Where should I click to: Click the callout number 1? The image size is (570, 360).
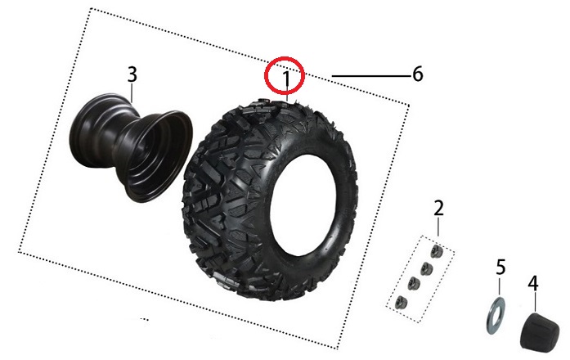pos(287,79)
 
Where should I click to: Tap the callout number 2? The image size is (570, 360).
pos(439,209)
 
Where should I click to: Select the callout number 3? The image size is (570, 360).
pos(132,74)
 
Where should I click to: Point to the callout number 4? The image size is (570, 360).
pos(533,283)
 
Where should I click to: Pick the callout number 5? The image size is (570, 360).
pos(500,268)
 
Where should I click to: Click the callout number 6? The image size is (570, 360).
pos(418,74)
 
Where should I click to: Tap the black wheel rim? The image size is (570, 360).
pos(131,147)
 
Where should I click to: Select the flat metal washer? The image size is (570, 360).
pos(496,315)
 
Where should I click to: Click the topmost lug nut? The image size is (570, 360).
pos(436,251)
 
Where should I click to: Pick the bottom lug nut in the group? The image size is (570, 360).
pos(401,301)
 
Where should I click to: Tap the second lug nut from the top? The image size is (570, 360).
pos(426,268)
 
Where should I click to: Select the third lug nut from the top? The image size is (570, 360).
pos(413,282)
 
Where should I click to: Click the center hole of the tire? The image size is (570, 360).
pos(303,205)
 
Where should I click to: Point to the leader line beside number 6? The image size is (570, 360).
pos(371,76)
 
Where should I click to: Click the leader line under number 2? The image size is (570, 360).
pos(438,227)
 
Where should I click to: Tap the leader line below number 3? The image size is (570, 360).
pos(132,92)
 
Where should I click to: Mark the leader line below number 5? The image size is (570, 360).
pos(500,286)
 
